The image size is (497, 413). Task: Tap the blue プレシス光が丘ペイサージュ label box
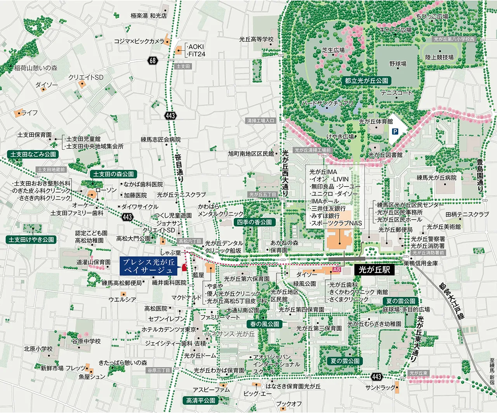coord(149,266)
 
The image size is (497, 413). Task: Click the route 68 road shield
coord(153,60)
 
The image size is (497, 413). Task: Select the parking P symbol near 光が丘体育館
coord(395,132)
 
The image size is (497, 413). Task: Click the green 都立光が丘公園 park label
coord(366,81)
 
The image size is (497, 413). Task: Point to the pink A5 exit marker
coord(337,270)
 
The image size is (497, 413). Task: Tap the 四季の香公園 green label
coord(254,222)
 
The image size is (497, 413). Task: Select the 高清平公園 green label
coord(200,400)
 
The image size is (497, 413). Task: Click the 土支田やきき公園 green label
coord(32,240)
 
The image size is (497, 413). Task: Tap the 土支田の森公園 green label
coord(113,174)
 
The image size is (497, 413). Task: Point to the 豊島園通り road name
coord(480,175)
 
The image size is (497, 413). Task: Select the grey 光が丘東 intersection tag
coord(418,373)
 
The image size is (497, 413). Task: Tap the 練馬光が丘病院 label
coord(436,178)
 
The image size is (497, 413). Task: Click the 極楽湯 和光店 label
coord(149,16)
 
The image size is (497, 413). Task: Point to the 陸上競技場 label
coord(439,57)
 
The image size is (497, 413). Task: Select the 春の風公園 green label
coord(265,324)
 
